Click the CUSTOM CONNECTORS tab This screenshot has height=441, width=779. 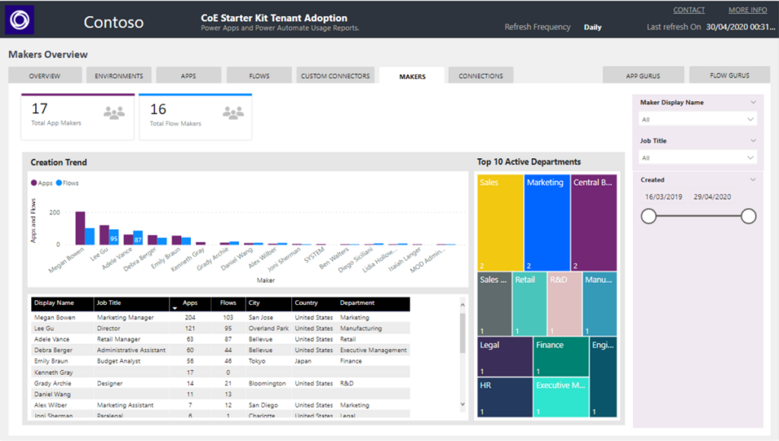(x=335, y=76)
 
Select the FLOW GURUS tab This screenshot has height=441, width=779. (x=730, y=76)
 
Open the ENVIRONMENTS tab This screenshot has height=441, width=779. (x=119, y=76)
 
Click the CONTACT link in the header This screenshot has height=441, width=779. (x=688, y=11)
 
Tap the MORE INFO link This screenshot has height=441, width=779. (x=747, y=11)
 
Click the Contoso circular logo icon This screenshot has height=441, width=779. (x=20, y=20)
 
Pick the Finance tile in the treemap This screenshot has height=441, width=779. (x=561, y=356)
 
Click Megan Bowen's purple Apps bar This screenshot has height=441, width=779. (x=80, y=228)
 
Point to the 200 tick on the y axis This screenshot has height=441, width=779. (x=54, y=212)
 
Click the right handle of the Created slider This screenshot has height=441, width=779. (x=749, y=217)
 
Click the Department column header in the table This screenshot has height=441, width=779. (x=357, y=303)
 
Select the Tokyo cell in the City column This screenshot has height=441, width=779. (x=258, y=361)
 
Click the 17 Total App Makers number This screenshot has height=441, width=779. (x=40, y=109)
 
